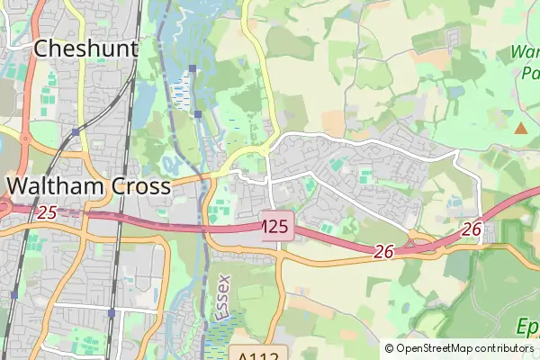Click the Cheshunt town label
(85, 49)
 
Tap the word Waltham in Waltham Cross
(57, 186)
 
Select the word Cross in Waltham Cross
(141, 186)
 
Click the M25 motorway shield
(276, 227)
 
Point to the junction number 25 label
(47, 213)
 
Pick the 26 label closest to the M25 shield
(384, 253)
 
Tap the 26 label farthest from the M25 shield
(472, 230)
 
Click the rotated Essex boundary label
(224, 298)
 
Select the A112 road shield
(257, 353)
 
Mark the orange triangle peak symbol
(520, 128)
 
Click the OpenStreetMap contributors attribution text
(464, 347)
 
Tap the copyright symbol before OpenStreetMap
(389, 347)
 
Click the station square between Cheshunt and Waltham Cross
(76, 131)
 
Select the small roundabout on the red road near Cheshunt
(24, 139)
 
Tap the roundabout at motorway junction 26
(415, 238)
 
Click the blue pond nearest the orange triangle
(456, 92)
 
